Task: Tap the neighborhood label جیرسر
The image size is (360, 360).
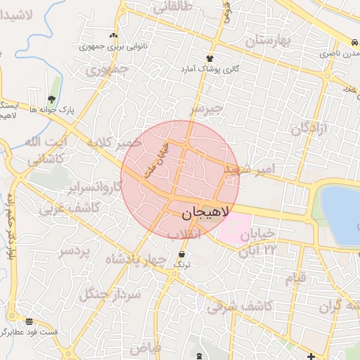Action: coord(206,109)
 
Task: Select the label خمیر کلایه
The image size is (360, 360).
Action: coord(113,144)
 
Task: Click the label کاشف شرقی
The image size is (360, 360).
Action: coord(240,307)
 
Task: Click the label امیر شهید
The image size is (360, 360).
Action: coord(255,170)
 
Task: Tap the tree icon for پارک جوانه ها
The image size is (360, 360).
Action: coord(51,99)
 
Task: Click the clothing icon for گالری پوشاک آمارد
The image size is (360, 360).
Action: coord(209,58)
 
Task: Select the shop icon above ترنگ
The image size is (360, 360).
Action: coord(182,255)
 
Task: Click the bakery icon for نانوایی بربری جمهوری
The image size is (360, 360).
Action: coord(113,35)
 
